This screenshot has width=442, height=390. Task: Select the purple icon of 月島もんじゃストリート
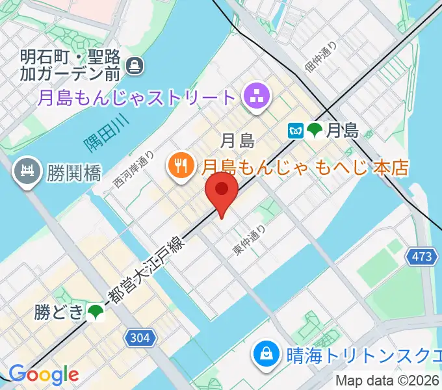pyautogui.click(x=255, y=98)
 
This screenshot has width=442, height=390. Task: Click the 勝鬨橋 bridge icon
pyautogui.click(x=27, y=172)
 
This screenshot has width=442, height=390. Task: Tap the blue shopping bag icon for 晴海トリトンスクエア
pyautogui.click(x=266, y=354)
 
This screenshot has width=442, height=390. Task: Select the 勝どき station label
pyautogui.click(x=59, y=313)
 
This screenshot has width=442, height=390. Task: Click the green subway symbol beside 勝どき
pyautogui.click(x=96, y=313)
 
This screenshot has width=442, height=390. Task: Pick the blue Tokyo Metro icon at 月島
pyautogui.click(x=296, y=130)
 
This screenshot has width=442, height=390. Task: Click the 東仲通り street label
pyautogui.click(x=250, y=240)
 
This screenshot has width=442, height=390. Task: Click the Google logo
pyautogui.click(x=44, y=374)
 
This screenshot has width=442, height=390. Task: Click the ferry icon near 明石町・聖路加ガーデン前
pyautogui.click(x=135, y=65)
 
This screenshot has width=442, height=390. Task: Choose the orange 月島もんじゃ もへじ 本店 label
pyautogui.click(x=305, y=167)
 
